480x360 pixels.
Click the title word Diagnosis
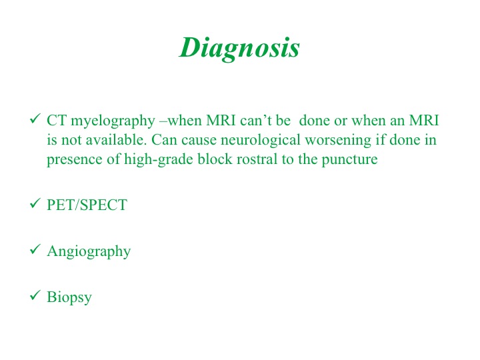(239, 49)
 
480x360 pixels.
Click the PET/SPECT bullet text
(87, 205)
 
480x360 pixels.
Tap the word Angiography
(89, 251)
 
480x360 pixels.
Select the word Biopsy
(69, 297)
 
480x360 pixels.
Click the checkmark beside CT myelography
(35, 119)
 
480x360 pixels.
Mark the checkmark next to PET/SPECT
(35, 203)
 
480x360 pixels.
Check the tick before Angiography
(35, 249)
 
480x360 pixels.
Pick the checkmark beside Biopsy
(35, 295)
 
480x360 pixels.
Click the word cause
(199, 141)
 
